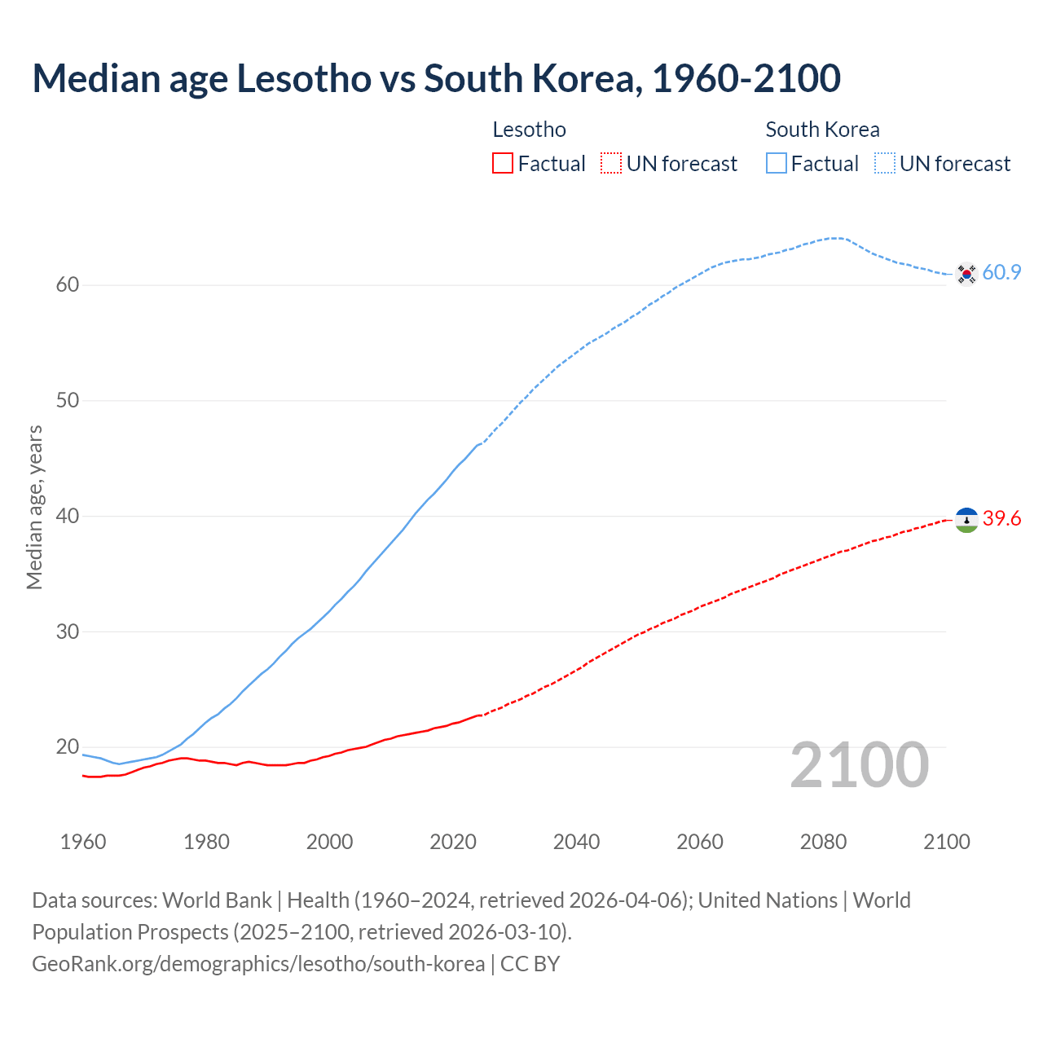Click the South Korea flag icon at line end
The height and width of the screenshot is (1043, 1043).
[x=966, y=274]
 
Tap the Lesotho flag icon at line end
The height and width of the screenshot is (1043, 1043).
[x=966, y=520]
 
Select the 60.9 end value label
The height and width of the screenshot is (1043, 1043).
[x=1001, y=273]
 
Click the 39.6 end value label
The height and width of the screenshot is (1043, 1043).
[x=1001, y=519]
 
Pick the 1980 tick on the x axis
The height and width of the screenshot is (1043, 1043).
[x=206, y=842]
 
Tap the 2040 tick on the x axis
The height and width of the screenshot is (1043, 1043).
[x=576, y=842]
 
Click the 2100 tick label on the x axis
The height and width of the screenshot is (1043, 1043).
[x=946, y=842]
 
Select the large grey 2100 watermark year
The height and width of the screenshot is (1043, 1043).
[x=860, y=765]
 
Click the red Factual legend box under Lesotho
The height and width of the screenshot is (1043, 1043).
[x=503, y=164]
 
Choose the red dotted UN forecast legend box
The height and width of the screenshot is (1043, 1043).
[x=611, y=164]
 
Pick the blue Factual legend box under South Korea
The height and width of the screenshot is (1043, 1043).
[x=777, y=164]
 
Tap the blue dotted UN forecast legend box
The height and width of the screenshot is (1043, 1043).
[x=885, y=164]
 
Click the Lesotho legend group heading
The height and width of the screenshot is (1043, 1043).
[x=529, y=130]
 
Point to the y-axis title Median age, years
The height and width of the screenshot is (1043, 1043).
[x=34, y=507]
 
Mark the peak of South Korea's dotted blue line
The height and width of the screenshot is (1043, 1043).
[x=836, y=238]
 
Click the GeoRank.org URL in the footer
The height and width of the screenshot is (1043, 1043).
[x=258, y=964]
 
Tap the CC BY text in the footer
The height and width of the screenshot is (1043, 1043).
[x=530, y=964]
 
